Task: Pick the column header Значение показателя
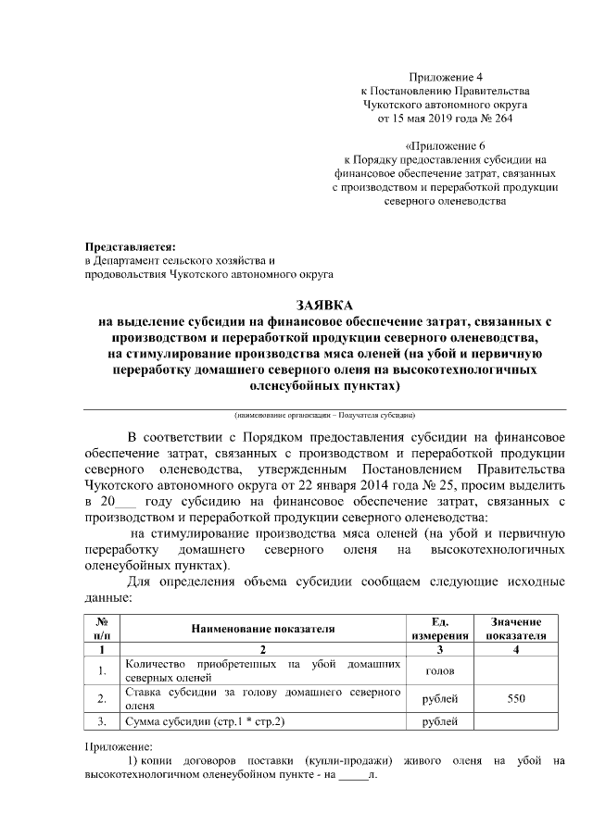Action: click(x=516, y=629)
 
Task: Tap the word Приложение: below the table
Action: click(x=118, y=746)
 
